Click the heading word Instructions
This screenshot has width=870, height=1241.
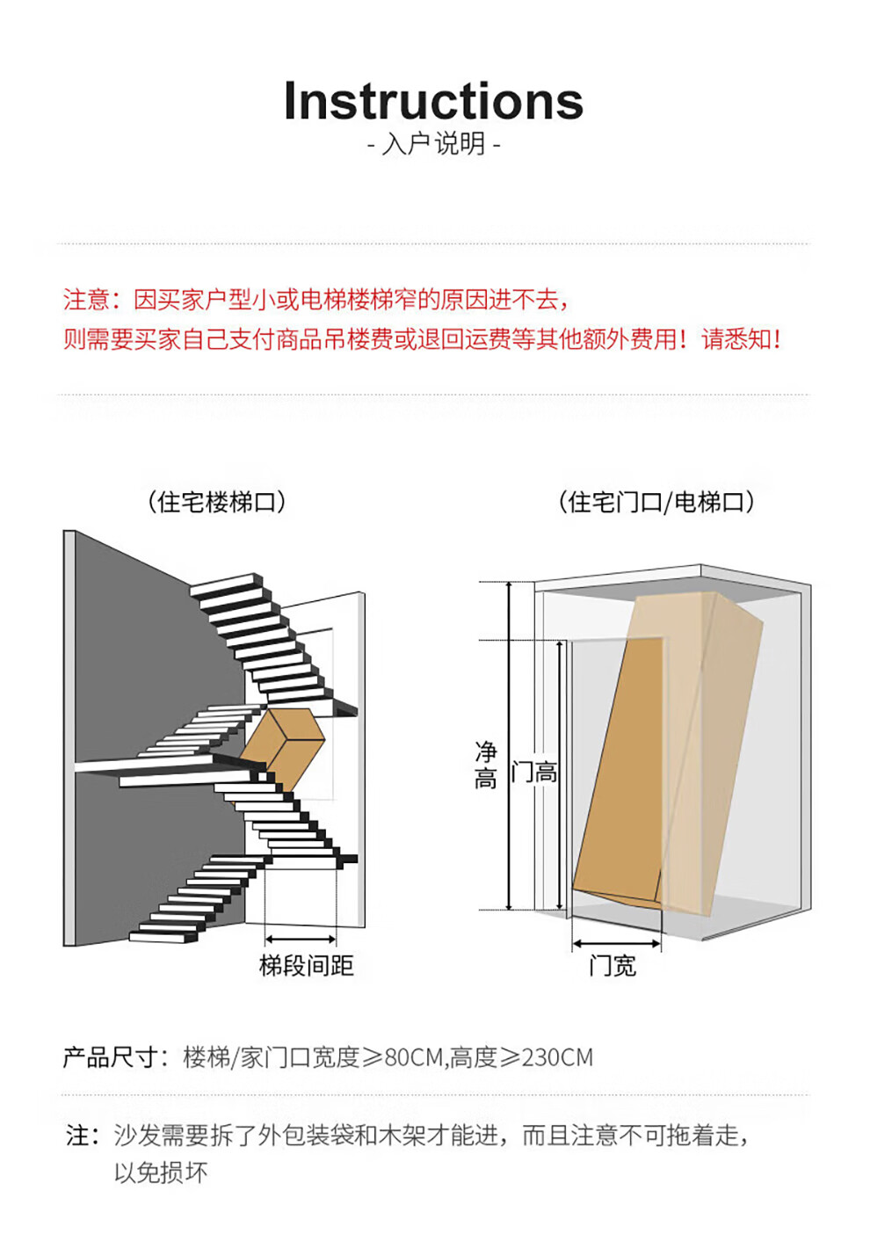click(433, 101)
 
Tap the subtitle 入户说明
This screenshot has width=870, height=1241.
click(434, 144)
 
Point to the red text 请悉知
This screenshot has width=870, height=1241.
click(736, 339)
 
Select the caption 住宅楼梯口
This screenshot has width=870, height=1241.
click(216, 502)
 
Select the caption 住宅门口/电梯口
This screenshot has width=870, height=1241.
click(656, 502)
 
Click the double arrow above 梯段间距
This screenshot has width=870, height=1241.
click(301, 939)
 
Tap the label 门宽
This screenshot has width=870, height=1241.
click(613, 966)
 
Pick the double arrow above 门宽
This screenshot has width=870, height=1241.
click(616, 943)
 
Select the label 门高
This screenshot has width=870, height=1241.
click(533, 772)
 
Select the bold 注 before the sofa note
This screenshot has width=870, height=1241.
click(77, 1135)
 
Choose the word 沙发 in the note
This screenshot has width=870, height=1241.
click(137, 1135)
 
